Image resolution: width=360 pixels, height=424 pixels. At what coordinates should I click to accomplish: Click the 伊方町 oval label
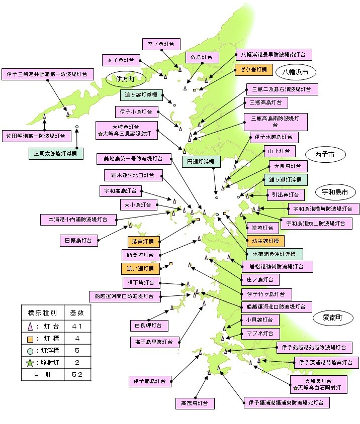(x=125, y=79)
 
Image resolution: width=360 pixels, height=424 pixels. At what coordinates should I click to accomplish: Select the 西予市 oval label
(x=325, y=155)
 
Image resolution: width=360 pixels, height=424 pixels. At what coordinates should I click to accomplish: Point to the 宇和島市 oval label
(x=335, y=192)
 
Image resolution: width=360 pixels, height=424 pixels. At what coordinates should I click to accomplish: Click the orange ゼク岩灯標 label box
(x=253, y=70)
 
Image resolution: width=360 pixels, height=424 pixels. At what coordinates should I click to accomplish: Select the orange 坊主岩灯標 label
(x=265, y=241)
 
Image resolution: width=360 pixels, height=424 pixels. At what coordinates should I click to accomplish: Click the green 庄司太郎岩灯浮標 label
(x=56, y=154)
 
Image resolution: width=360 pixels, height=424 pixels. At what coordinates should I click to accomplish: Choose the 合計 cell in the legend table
(x=43, y=374)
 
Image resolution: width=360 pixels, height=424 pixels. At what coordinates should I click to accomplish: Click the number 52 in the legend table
(x=76, y=374)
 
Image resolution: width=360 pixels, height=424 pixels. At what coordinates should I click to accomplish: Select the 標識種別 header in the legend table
(x=43, y=312)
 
